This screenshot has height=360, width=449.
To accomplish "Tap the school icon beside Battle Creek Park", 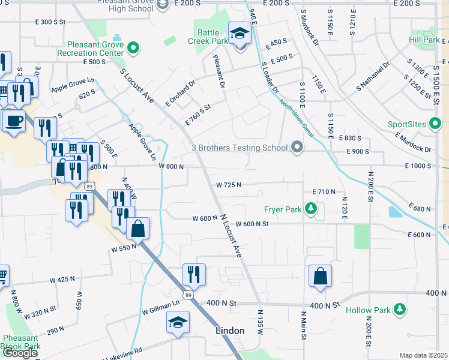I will (240, 34).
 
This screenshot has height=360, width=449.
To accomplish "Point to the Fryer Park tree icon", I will (310, 209).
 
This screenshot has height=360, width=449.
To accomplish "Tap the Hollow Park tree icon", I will (399, 310).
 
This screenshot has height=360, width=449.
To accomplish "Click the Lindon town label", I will (231, 331).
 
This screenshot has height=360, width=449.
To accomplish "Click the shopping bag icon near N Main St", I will (320, 277).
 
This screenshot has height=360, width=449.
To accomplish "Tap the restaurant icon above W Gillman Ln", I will (194, 275).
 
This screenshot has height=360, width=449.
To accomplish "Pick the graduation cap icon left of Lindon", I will (178, 323).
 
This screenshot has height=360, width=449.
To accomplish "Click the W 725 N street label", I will (229, 185).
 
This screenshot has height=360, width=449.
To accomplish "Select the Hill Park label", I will (424, 40).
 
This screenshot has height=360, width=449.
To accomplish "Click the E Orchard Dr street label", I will (181, 93).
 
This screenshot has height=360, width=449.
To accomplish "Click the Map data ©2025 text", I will (424, 355).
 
